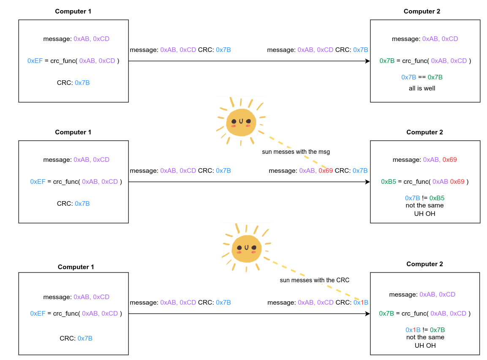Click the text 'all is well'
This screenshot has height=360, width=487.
pos(422,88)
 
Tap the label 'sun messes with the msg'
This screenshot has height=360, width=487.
pos(296,151)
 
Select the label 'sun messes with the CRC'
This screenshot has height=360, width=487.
pos(315,280)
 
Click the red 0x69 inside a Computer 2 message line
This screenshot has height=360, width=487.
pos(449,160)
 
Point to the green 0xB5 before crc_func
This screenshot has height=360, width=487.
pos(389,182)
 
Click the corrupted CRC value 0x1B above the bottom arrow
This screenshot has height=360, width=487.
pos(361,303)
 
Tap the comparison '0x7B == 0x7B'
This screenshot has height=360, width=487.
pos(422,77)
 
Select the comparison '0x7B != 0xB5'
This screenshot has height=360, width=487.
pos(424,198)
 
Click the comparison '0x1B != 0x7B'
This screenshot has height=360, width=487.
pos(425,330)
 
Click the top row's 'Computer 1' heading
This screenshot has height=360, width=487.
pos(73,11)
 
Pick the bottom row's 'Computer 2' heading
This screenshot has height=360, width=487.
pos(424,264)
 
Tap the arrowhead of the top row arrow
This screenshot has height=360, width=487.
pos(367,61)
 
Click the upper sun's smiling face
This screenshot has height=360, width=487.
pos(241,123)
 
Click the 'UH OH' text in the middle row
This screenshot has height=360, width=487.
pos(425,213)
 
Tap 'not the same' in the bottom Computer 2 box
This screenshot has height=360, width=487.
pos(425,337)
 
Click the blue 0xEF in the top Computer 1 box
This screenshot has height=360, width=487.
pos(35,61)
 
